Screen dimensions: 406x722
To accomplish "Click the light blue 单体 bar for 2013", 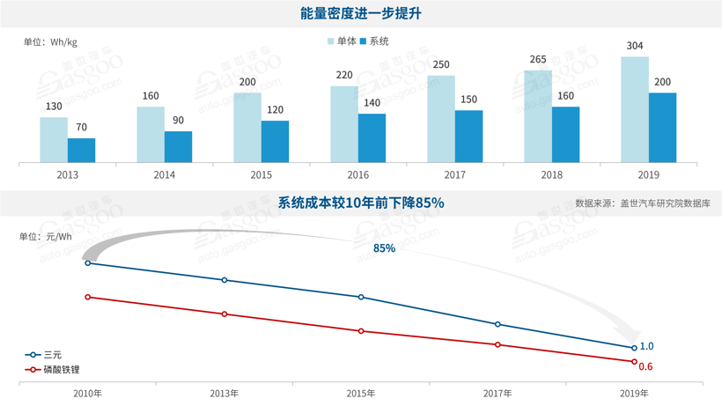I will coord(54,140).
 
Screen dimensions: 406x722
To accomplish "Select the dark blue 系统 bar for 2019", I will coord(662,128).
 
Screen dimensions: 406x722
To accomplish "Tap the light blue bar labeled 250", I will coord(441,119).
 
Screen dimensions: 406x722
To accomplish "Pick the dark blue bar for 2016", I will coord(372,138).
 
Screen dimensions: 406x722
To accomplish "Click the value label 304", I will coord(634,46).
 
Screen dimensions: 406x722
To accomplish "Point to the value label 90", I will coord(178,121).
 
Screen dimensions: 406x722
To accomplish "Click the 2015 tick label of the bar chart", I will coord(262,174).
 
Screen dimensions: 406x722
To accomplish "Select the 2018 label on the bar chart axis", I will coord(552,174).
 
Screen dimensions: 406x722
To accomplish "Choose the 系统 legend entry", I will coord(374,41).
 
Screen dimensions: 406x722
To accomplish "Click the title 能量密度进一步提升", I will coord(361,15).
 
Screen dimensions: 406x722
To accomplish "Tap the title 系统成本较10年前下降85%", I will coord(361,203).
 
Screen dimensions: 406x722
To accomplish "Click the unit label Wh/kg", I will coord(50,41).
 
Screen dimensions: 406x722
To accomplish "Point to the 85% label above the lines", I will coord(384,248).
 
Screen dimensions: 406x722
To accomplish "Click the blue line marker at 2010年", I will coord(88,263).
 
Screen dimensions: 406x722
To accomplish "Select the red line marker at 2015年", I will coord(361,331).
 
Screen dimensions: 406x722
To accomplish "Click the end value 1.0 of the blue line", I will coord(646,346).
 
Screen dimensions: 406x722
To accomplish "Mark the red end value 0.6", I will coord(645,366).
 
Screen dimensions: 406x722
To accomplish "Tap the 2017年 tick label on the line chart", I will coord(497,393).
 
